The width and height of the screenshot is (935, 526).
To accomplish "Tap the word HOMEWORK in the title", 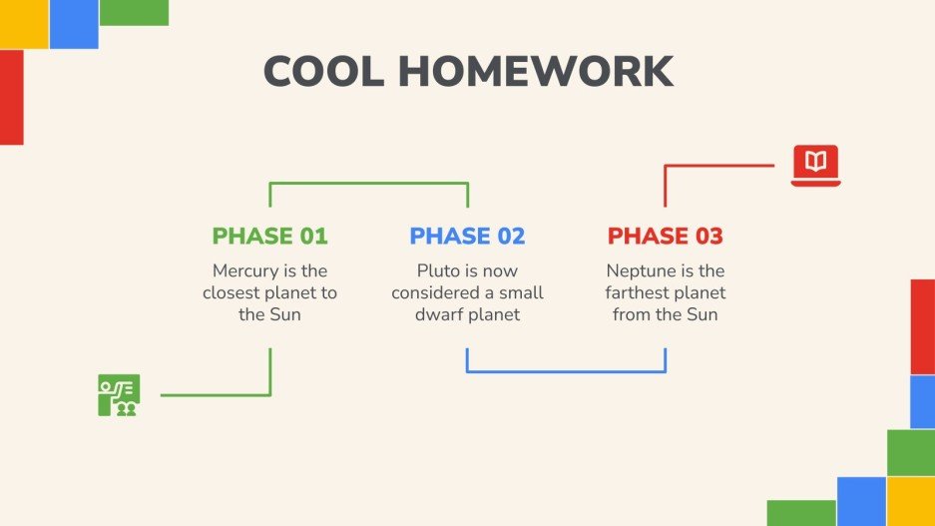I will [x=535, y=72].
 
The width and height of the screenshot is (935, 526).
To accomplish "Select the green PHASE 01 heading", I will [x=269, y=237].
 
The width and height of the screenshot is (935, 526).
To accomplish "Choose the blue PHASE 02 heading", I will [x=467, y=237].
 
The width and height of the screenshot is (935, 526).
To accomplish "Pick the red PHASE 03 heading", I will [x=665, y=237].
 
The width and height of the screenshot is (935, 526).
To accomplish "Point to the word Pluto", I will [x=438, y=270].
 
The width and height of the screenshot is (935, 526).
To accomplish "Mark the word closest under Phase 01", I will [x=233, y=292].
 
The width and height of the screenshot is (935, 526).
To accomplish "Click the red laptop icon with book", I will [x=815, y=166].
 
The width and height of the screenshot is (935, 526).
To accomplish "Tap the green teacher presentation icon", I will [x=119, y=395].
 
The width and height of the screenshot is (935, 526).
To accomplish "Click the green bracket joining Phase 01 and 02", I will [x=369, y=183].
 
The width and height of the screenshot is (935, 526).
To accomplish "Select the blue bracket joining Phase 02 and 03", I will [x=566, y=371].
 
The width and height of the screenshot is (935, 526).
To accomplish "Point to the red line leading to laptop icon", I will [x=718, y=166].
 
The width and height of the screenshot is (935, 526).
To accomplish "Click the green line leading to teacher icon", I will [x=215, y=395].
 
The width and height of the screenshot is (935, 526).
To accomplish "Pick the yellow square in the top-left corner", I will [x=24, y=24].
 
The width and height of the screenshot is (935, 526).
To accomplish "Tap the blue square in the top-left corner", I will [x=74, y=24].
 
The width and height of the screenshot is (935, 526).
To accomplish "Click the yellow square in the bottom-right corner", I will [x=911, y=501].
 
